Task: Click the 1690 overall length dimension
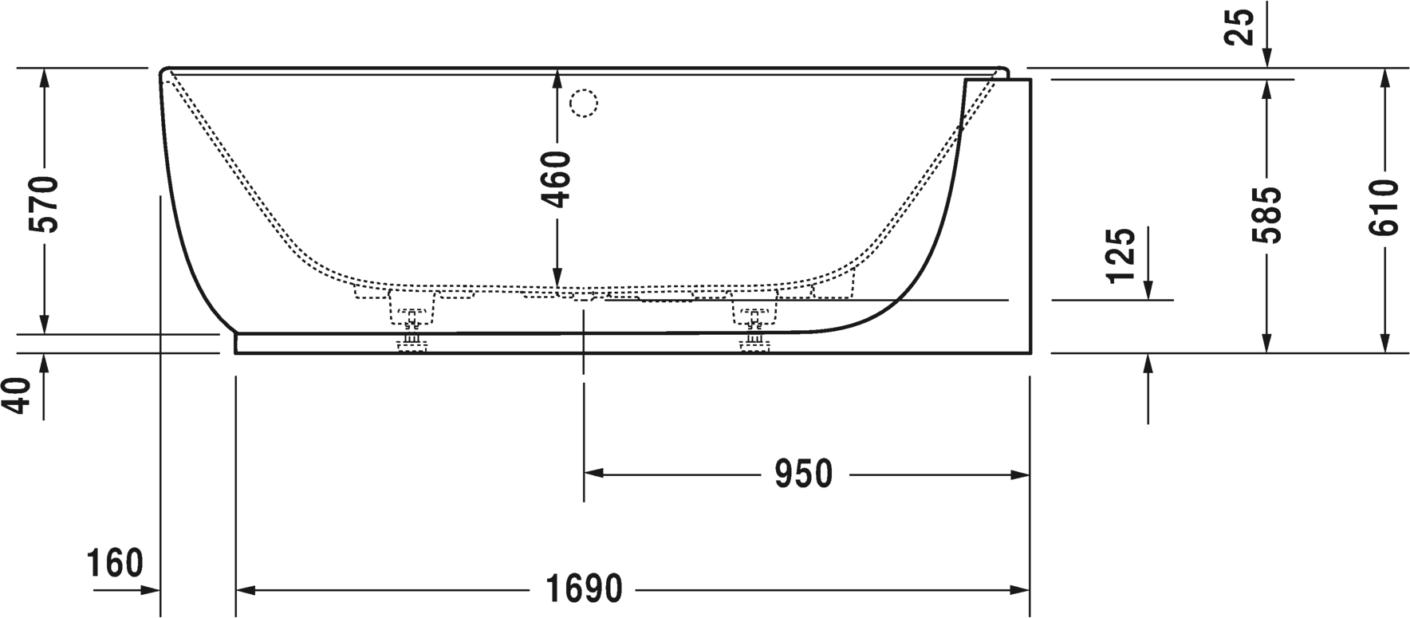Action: point(584,590)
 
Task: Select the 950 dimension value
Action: point(803,474)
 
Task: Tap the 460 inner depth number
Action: point(558,179)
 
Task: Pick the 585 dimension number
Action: point(1266,215)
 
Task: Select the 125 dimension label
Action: point(1121,255)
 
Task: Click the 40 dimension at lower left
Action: point(19,396)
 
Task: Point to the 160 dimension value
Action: point(115,563)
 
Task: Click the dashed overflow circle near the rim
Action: point(584,104)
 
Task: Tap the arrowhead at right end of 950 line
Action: point(1021,475)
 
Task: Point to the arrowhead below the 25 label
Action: point(1266,60)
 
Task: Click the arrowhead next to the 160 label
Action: point(152,591)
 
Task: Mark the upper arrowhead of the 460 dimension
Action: point(557,77)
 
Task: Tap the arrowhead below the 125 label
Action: point(1148,291)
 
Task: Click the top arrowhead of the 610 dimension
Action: point(1385,77)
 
